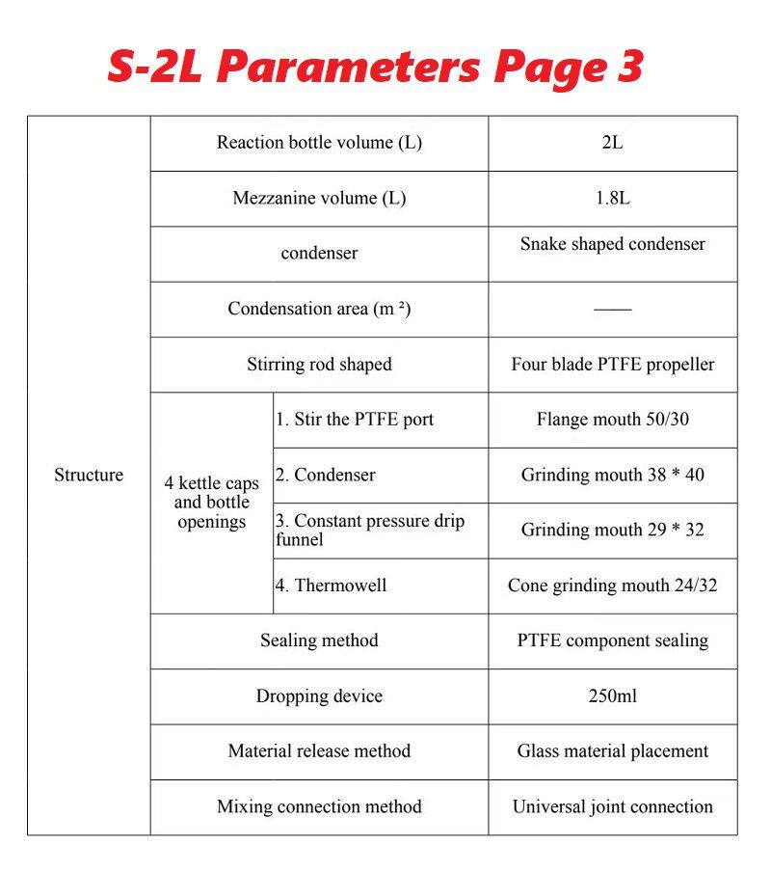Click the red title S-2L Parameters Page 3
coord(374,67)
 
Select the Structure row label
coord(89,475)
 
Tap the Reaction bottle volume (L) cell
coord(319,143)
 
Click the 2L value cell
coord(612,143)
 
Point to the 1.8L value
coord(612,198)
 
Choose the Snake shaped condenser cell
coord(612,244)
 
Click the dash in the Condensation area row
coord(612,310)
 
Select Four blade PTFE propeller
coord(612,365)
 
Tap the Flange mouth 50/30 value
coord(612,420)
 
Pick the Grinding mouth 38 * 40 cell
coord(612,475)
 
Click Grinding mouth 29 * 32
coord(612,530)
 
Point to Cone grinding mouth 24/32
coord(612,586)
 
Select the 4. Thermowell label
coord(332,586)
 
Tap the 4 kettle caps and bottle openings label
coord(211,503)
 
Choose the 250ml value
coord(612,695)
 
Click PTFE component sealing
coord(612,640)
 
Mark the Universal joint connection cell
coord(612,806)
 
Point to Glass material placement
coord(612,750)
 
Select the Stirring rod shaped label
coord(319,365)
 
